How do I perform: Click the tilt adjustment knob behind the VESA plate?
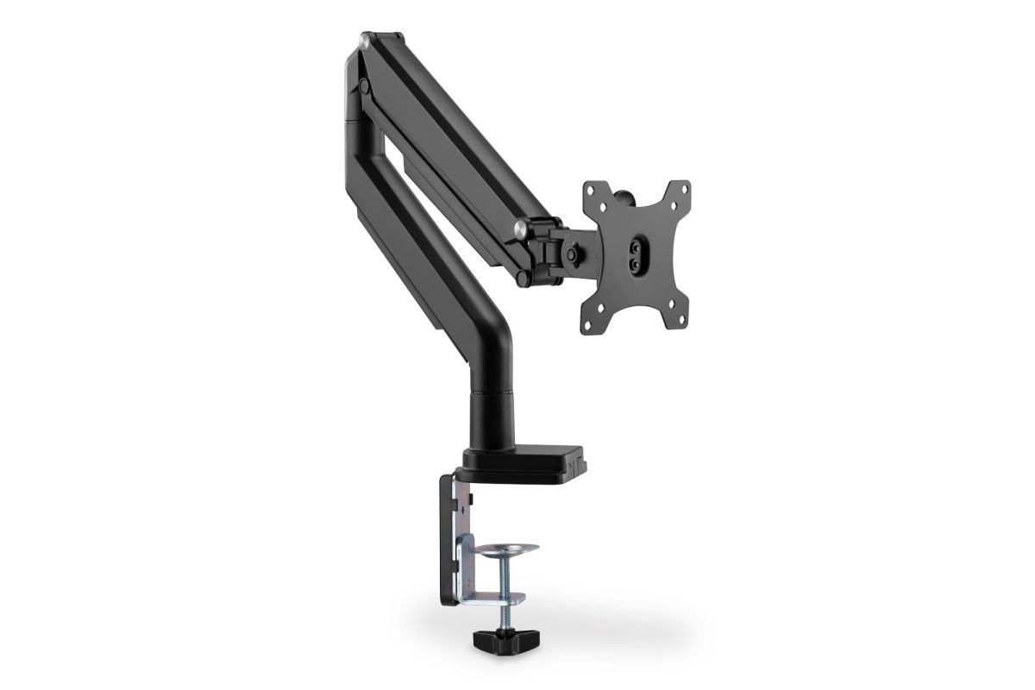click(572, 255)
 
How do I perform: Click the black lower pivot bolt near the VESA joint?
click(524, 279)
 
